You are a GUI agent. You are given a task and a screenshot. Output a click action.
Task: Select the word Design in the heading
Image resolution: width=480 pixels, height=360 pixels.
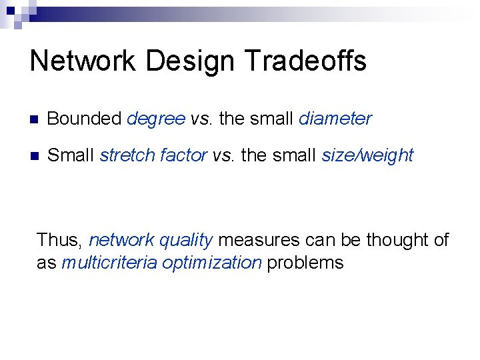pyautogui.click(x=191, y=61)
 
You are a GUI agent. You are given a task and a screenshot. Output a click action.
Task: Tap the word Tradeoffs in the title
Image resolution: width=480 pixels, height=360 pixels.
pyautogui.click(x=306, y=61)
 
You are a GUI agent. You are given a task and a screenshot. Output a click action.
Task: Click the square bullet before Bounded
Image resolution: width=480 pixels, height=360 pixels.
pyautogui.click(x=35, y=120)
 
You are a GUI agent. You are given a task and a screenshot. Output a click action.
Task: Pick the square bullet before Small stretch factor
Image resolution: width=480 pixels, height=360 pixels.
pyautogui.click(x=35, y=157)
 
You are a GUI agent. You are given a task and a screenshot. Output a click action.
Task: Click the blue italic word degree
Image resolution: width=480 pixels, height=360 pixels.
pyautogui.click(x=156, y=119)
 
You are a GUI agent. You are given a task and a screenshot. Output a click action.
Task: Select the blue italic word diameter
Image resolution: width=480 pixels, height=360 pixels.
pyautogui.click(x=335, y=119)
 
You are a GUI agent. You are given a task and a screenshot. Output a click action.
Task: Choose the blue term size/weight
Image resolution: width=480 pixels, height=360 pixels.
pyautogui.click(x=367, y=156)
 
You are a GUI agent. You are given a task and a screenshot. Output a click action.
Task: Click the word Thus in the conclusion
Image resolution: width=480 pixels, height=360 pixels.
pyautogui.click(x=59, y=240)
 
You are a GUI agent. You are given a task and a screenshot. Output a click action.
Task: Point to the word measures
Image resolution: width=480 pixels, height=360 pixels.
pyautogui.click(x=259, y=240)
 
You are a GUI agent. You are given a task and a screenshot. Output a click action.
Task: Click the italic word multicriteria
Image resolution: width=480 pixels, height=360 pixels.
pyautogui.click(x=109, y=263)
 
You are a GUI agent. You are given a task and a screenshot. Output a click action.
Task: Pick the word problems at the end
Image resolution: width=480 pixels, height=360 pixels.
pyautogui.click(x=305, y=263)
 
